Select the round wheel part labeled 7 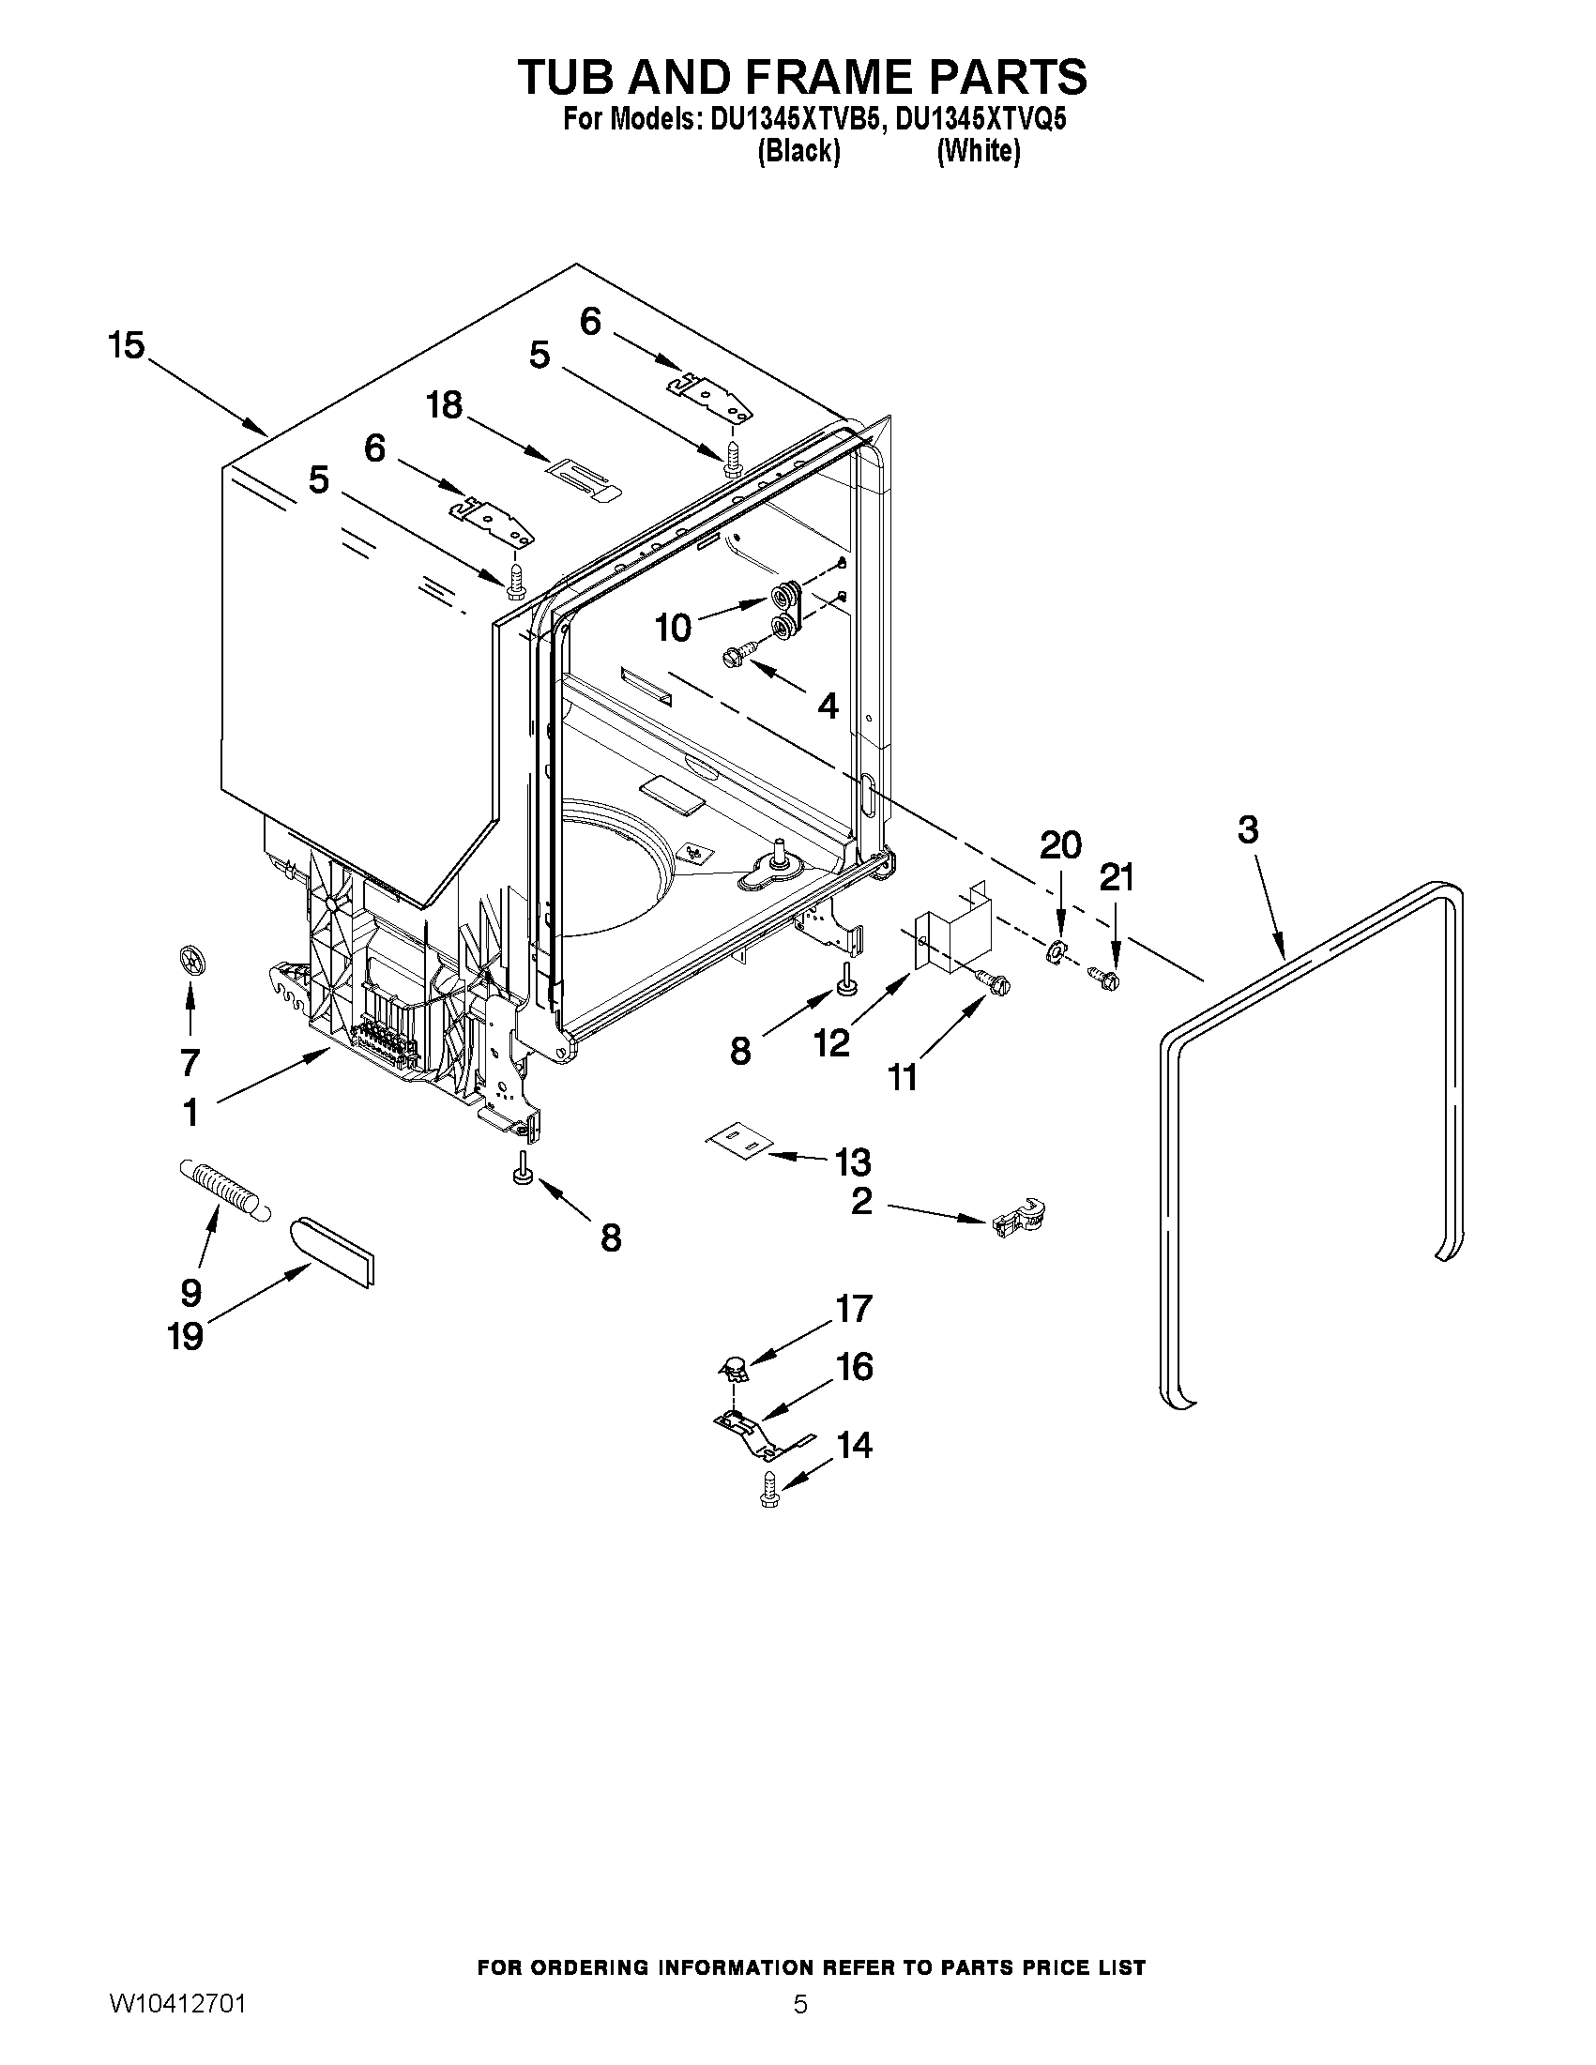tap(192, 962)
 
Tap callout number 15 tap(126, 346)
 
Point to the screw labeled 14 tap(768, 1491)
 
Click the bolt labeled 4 tap(740, 652)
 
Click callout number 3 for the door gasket tap(1247, 830)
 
